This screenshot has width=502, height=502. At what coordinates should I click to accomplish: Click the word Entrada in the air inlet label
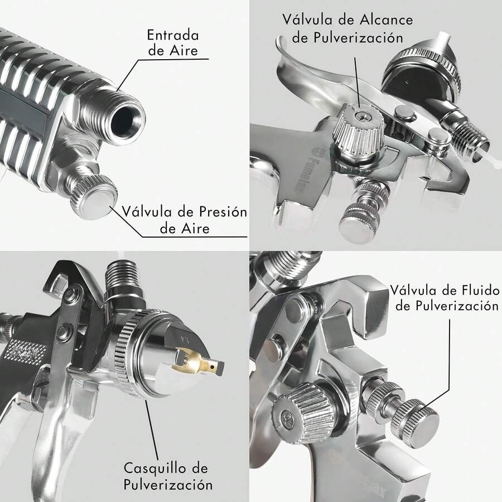coord(172,35)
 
